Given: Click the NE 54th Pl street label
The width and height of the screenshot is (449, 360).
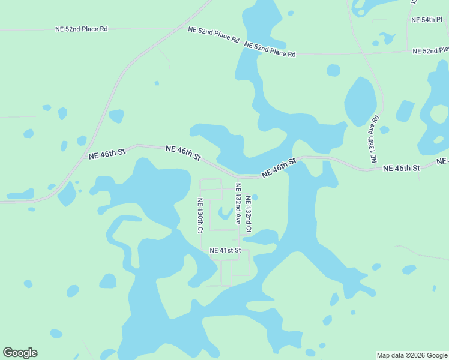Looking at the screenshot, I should (x=426, y=20).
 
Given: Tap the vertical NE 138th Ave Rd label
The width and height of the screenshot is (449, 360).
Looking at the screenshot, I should (x=375, y=139).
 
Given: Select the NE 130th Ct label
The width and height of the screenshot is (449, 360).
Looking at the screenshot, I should (x=200, y=215).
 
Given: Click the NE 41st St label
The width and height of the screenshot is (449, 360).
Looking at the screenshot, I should (x=225, y=250).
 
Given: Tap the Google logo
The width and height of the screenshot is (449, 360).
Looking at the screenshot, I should (x=20, y=353).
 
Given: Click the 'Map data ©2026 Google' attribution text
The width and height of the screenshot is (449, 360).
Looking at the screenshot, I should (x=412, y=355).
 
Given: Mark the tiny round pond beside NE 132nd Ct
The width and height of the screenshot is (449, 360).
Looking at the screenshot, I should (x=255, y=197).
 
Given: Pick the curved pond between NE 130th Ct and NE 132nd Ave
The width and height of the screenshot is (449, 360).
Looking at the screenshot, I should (x=225, y=213).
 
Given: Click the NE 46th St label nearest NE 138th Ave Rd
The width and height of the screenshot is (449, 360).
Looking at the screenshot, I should (x=401, y=168).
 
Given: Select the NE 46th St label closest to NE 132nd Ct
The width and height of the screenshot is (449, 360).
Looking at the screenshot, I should (x=279, y=167).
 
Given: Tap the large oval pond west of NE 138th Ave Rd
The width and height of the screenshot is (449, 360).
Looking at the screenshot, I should (x=360, y=101).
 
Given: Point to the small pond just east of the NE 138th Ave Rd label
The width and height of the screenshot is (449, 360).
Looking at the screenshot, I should (x=384, y=130).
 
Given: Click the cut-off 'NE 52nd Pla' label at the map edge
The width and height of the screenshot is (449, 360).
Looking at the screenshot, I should (x=430, y=51).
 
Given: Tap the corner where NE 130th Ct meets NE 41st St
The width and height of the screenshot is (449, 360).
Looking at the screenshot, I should (x=200, y=250).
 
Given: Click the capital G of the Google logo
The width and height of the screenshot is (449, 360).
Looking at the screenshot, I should (x=8, y=353).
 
